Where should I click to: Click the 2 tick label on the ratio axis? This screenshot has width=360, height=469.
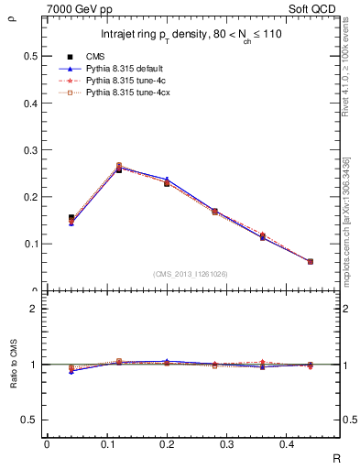[x=34, y=309]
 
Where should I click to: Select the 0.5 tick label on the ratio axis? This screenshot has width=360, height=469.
[x=29, y=420]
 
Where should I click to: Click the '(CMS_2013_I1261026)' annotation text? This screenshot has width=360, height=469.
[x=191, y=274]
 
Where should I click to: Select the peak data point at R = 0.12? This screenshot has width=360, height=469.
[x=119, y=169]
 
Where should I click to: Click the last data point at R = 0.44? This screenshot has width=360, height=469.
[x=310, y=261]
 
